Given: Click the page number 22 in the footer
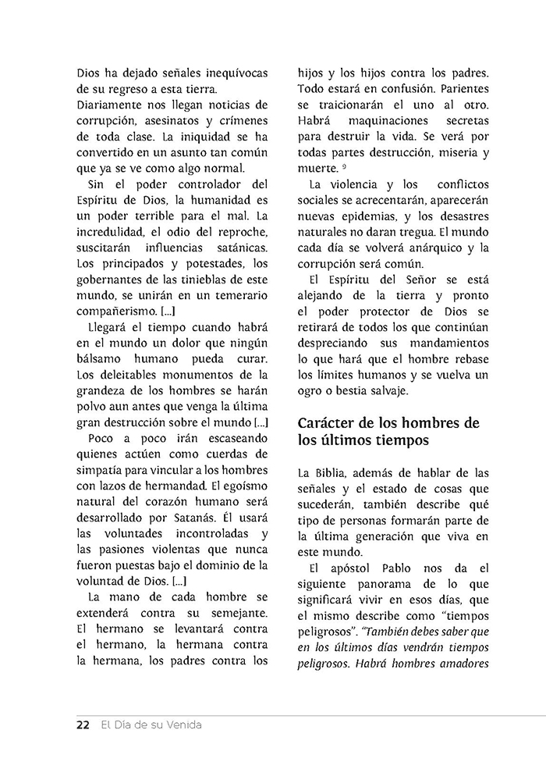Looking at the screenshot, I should coord(83,724).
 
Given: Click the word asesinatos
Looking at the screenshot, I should coord(167,120).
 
